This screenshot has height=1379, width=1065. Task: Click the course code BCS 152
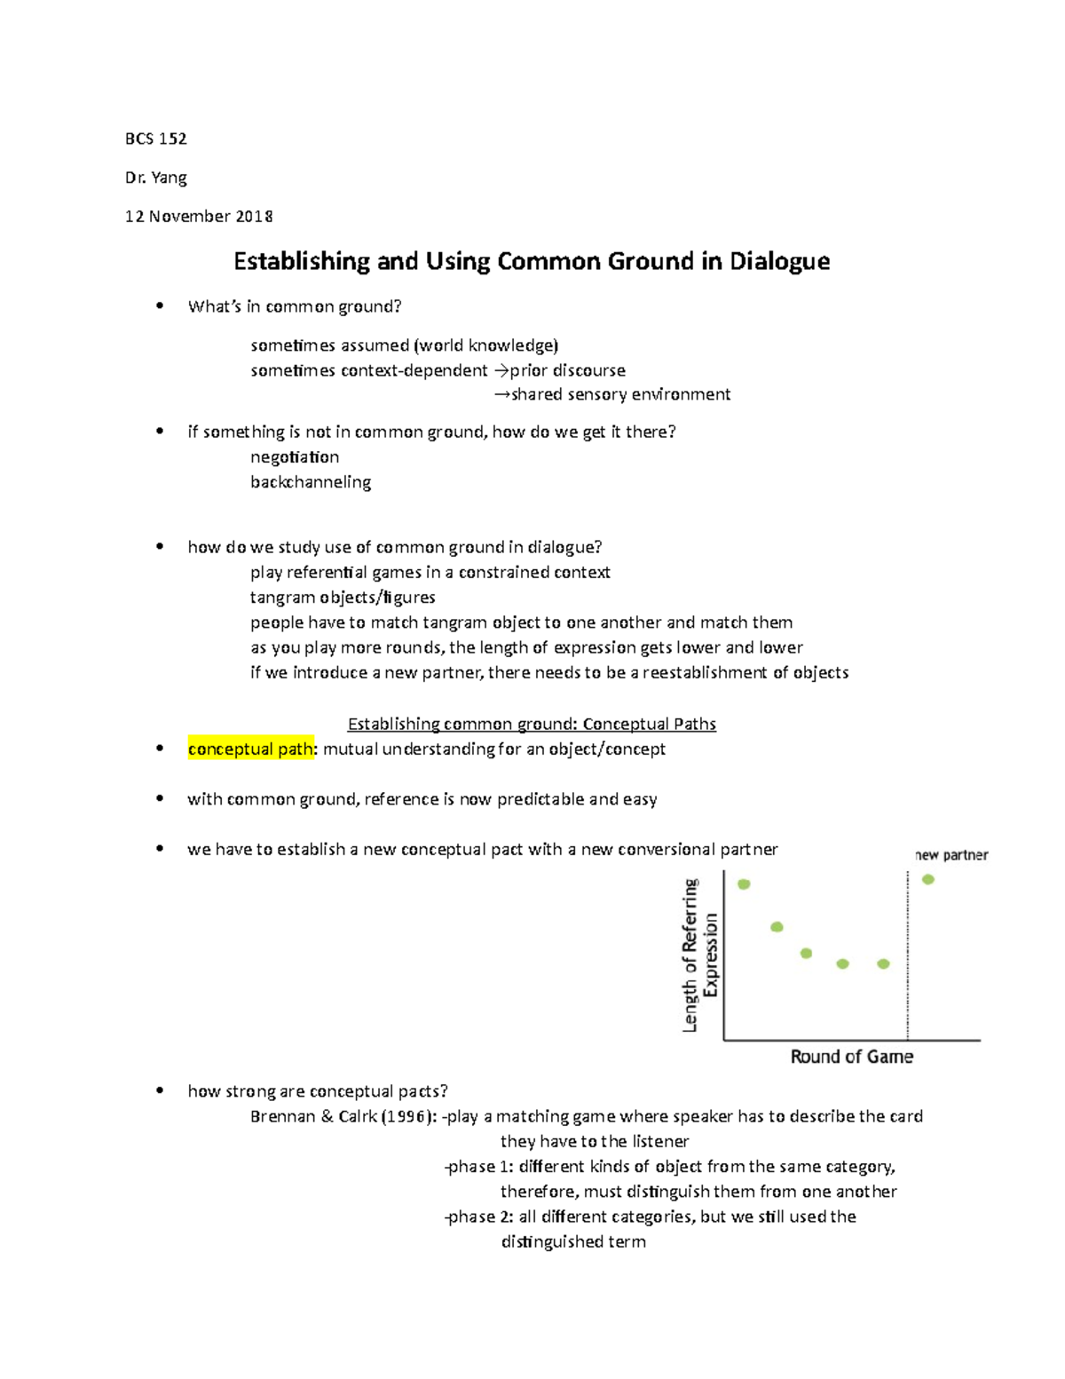coord(155,139)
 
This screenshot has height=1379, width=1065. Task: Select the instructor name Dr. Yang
coord(155,178)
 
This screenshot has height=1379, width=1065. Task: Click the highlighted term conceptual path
coord(250,749)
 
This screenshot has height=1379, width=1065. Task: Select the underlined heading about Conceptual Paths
coord(532,724)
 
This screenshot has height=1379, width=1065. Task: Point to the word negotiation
coord(295,457)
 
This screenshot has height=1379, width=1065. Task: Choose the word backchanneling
coord(311,482)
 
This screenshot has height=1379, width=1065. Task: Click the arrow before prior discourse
coord(501,370)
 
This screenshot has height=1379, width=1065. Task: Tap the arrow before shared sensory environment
coord(501,394)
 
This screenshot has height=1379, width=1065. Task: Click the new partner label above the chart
coord(951,855)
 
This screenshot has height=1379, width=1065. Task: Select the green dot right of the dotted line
coord(928,880)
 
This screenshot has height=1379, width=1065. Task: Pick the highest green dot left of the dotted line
coord(744,884)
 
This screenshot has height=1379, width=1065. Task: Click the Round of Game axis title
coord(852,1057)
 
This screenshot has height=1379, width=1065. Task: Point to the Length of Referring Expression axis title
coord(700,955)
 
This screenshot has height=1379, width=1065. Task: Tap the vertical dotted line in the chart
coord(907,955)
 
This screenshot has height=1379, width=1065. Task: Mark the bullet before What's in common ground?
coord(160,306)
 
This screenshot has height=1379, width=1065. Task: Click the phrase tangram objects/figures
coord(343,598)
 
